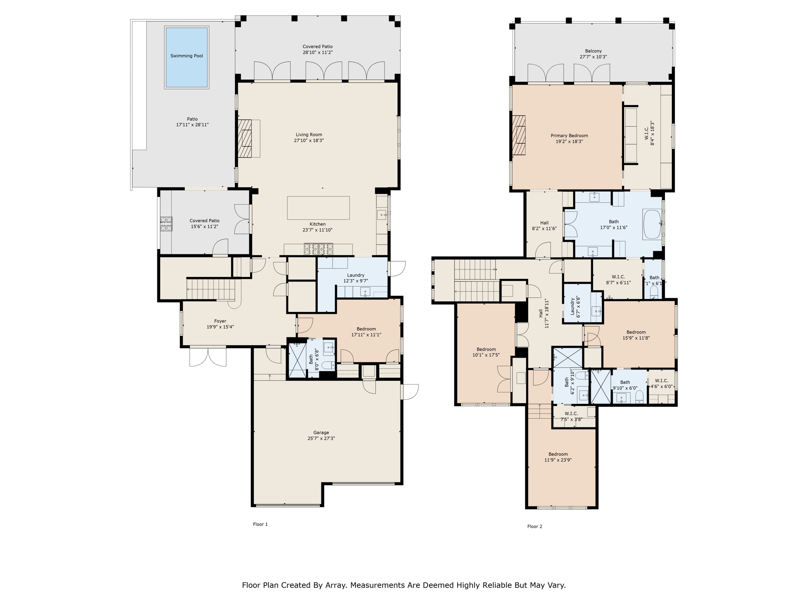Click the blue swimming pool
pyautogui.click(x=187, y=57)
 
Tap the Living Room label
pyautogui.click(x=309, y=134)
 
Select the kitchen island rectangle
pyautogui.click(x=318, y=208)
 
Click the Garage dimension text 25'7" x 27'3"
pyautogui.click(x=321, y=438)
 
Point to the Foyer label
pyautogui.click(x=220, y=321)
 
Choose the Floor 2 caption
pyautogui.click(x=535, y=526)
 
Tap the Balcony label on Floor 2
pyautogui.click(x=593, y=51)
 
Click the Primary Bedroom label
pyautogui.click(x=569, y=135)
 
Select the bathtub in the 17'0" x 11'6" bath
pyautogui.click(x=652, y=224)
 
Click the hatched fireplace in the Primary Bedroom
pyautogui.click(x=519, y=135)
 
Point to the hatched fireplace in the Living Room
pyautogui.click(x=245, y=138)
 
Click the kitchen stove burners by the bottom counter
pyautogui.click(x=319, y=249)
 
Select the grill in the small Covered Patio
pyautogui.click(x=166, y=224)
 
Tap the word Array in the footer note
pyautogui.click(x=335, y=586)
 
